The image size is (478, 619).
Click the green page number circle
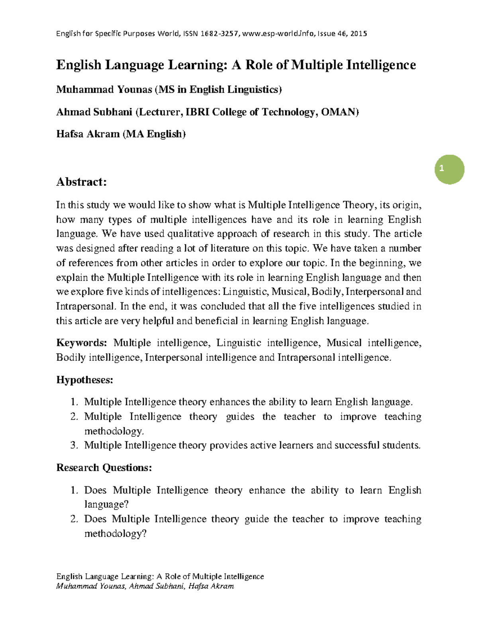(449, 169)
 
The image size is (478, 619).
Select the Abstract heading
(82, 182)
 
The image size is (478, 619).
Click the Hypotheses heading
(84, 380)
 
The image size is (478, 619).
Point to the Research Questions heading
(104, 468)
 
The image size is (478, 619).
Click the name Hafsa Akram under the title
(88, 134)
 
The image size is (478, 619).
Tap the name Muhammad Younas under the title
(104, 90)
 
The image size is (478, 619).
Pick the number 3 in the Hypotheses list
(74, 446)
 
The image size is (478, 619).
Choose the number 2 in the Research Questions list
(74, 519)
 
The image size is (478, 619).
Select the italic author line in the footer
(145, 586)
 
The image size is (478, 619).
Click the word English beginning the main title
(78, 65)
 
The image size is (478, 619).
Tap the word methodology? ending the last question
(116, 534)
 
